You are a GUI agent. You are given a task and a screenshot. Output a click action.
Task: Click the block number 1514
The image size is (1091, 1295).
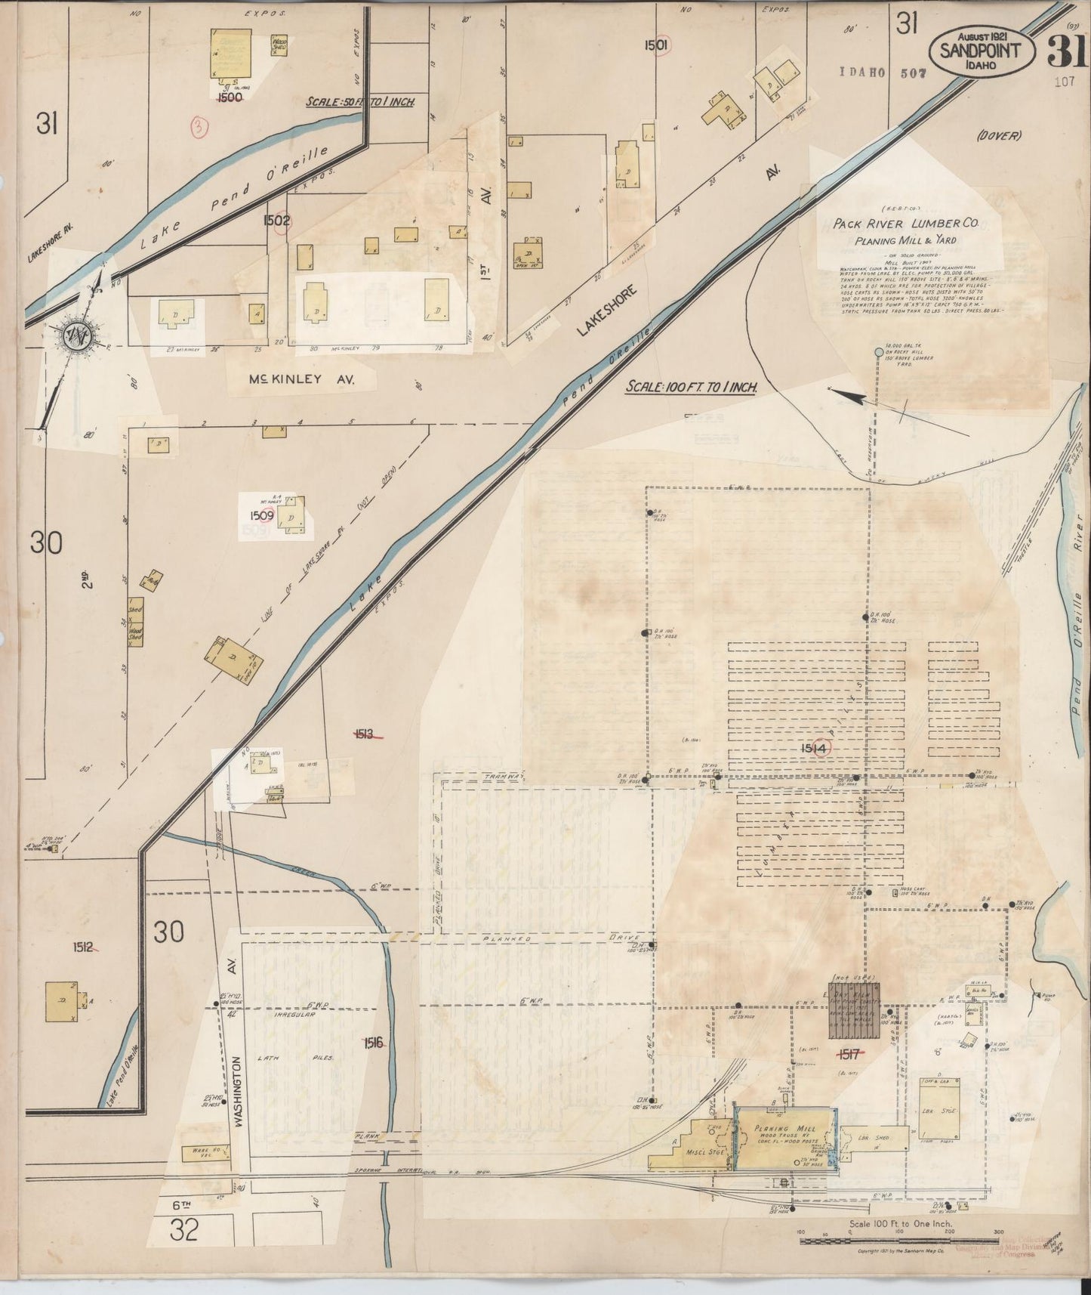(x=815, y=747)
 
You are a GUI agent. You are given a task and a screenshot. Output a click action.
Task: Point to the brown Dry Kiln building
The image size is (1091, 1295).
(x=855, y=1011)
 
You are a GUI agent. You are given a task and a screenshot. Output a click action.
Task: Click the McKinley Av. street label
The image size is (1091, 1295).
(x=302, y=380)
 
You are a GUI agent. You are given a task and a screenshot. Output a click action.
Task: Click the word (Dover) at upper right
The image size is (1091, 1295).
(x=997, y=136)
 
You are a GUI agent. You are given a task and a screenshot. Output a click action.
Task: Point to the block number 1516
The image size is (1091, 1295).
(x=373, y=1043)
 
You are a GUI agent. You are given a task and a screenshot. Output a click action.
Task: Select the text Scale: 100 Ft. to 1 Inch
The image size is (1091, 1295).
(x=692, y=386)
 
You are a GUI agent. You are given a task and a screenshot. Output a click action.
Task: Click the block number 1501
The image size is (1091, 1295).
(x=656, y=45)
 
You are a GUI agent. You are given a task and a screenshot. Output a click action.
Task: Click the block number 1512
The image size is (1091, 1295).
(x=83, y=947)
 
